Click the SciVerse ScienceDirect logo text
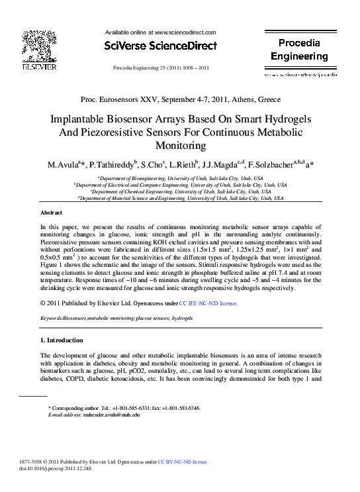161,46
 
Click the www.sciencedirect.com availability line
161,32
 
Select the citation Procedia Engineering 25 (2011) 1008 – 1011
161,68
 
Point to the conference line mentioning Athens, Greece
180,99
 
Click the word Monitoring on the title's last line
180,146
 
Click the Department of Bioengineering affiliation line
180,179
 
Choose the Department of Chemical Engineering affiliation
180,191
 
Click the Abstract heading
52,213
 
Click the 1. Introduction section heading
62,340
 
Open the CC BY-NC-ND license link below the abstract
208,303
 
